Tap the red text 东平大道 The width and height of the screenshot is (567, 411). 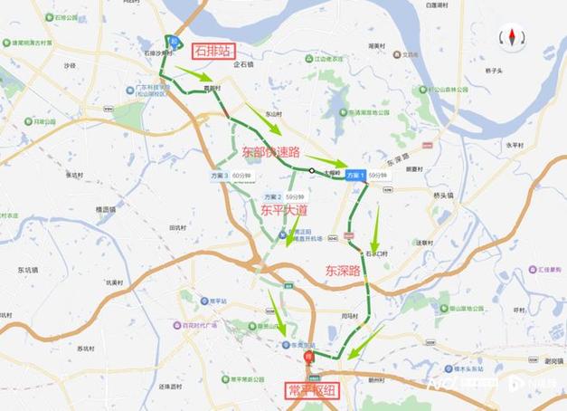pos(285,210)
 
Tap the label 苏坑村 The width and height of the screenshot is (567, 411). pos(86,349)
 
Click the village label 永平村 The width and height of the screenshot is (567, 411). pos(515,145)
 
